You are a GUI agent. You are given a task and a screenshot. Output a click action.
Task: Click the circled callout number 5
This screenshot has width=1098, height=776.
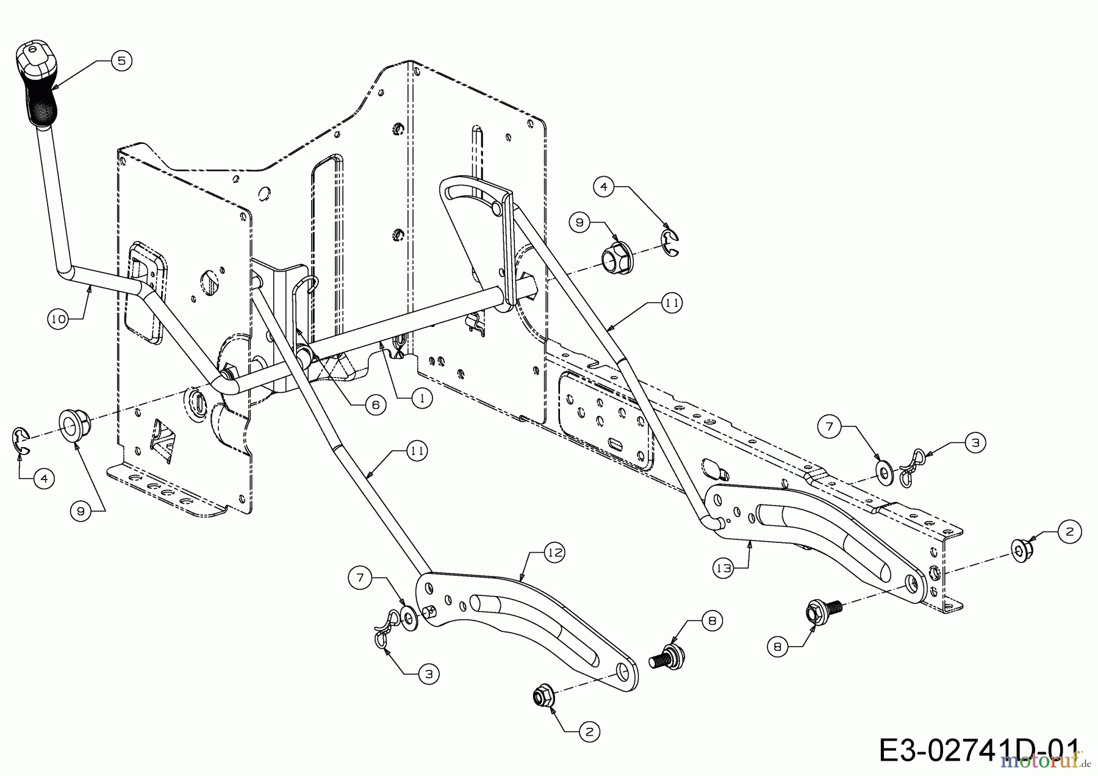(121, 61)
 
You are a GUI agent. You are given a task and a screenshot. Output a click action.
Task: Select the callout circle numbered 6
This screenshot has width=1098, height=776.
(376, 404)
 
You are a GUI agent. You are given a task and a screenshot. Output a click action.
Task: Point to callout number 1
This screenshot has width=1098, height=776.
(422, 398)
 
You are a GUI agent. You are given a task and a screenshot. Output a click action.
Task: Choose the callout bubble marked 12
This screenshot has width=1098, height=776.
(555, 553)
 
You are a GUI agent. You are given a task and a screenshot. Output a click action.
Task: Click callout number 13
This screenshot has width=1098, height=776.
(723, 568)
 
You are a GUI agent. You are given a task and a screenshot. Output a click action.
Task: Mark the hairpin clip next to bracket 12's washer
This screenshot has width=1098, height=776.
(383, 634)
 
